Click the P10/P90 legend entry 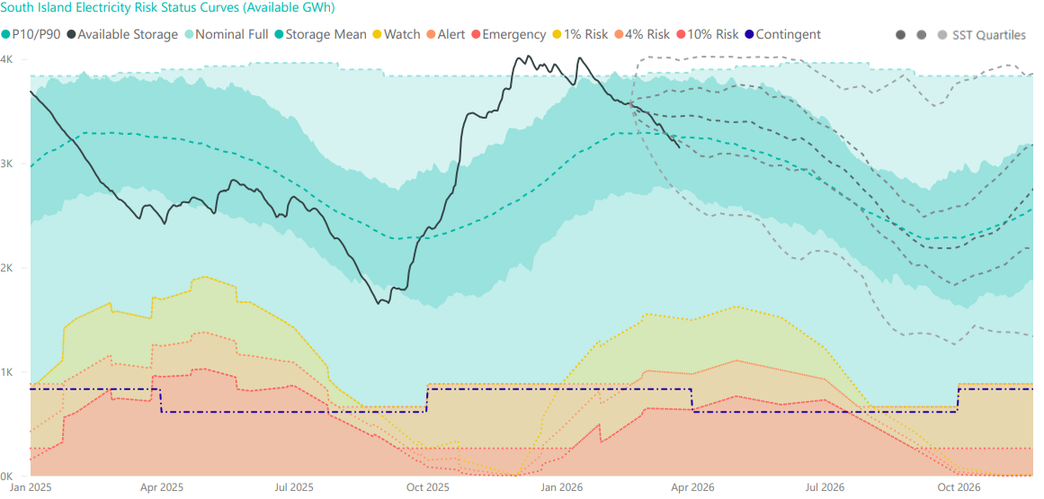point(36,34)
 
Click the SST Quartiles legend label point(988,35)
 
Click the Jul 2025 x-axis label point(293,487)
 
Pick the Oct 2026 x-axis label point(958,487)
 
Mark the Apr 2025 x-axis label point(162,487)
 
